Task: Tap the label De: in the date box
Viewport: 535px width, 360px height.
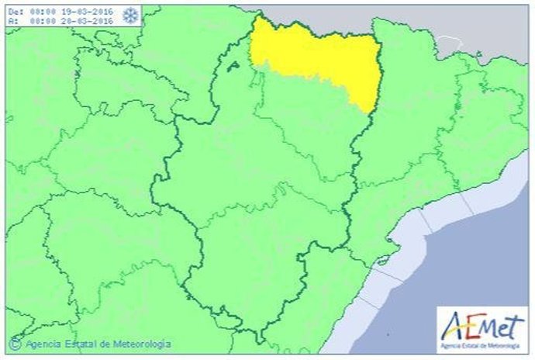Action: [16, 12]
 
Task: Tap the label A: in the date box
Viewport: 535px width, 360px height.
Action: [14, 21]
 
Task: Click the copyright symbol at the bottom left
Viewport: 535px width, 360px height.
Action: [14, 342]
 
